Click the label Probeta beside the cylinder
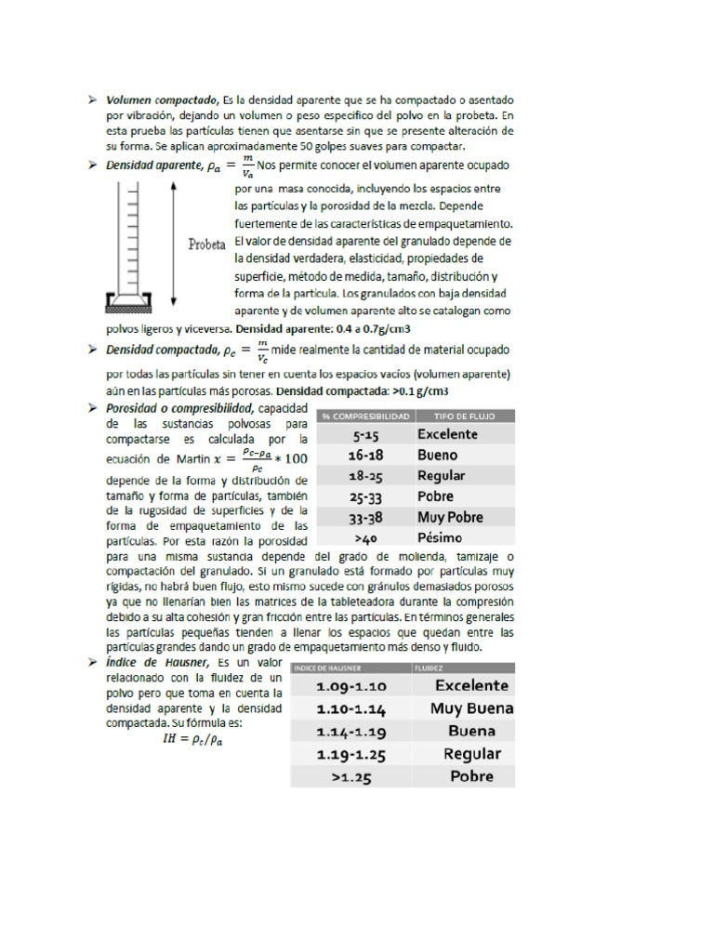click(208, 245)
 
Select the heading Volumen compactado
click(159, 99)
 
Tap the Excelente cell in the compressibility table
click(448, 434)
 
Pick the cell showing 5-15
click(365, 434)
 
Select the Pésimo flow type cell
click(440, 536)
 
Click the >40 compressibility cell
click(365, 536)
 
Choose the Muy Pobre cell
click(451, 516)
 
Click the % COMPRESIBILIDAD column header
click(365, 416)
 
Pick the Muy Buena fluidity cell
click(471, 708)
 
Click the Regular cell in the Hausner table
click(471, 754)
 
